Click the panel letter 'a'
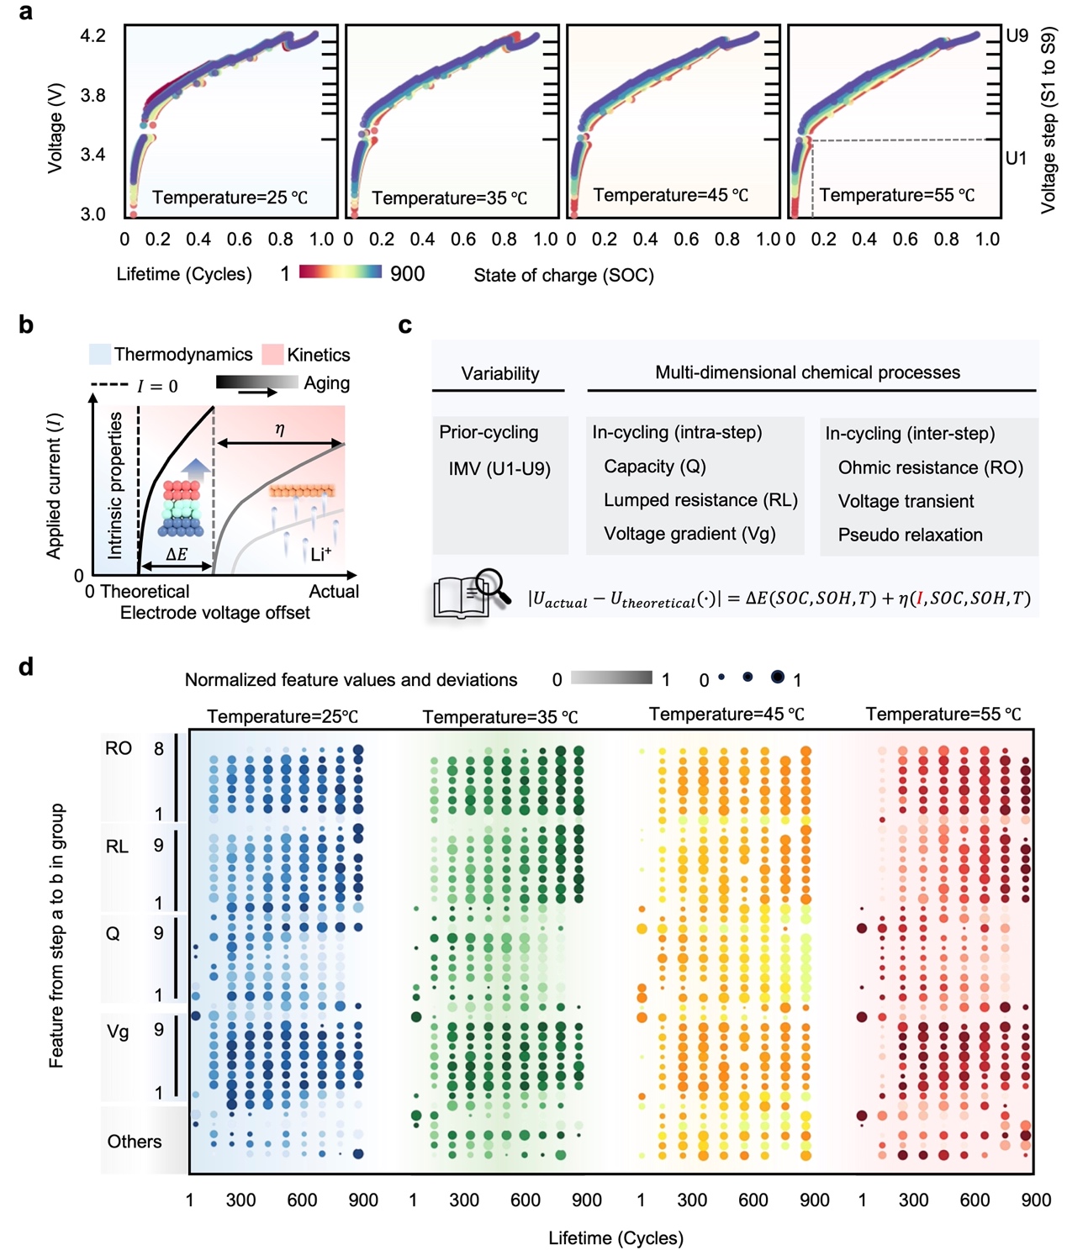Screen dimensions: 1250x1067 [26, 12]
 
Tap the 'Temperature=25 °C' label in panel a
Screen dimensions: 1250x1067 [230, 198]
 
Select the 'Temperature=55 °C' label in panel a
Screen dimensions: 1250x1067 [897, 195]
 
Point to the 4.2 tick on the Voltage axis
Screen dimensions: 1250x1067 [92, 35]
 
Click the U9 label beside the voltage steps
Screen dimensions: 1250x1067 [1017, 35]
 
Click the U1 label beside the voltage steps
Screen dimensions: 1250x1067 [1016, 158]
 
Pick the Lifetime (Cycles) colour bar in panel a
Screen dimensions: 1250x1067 [341, 272]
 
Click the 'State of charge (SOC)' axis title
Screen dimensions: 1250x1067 [563, 275]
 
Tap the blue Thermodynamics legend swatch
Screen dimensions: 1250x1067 [99, 354]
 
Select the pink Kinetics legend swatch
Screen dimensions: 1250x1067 [272, 354]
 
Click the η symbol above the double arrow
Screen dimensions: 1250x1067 [280, 429]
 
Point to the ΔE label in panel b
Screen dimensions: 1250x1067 [177, 554]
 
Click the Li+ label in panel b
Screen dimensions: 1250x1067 [321, 554]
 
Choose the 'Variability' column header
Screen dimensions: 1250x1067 [500, 373]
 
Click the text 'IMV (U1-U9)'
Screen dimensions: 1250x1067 [499, 468]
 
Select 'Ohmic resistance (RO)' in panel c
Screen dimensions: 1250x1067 [930, 467]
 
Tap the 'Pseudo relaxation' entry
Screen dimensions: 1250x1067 [910, 535]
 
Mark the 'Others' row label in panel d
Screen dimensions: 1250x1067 [135, 1142]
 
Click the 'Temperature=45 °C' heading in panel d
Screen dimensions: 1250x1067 [726, 715]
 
